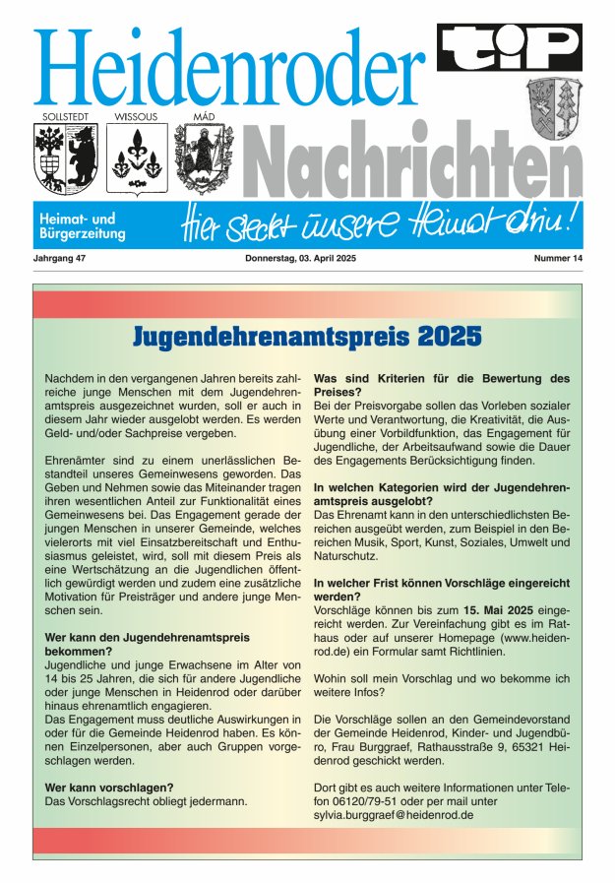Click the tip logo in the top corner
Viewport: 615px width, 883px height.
coord(510,46)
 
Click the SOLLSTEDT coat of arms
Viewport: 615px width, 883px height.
coord(64,158)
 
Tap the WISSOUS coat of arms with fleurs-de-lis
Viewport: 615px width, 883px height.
coord(135,158)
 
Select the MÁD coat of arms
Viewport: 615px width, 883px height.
coord(202,158)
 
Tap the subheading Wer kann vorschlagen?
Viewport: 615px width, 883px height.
coord(110,787)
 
